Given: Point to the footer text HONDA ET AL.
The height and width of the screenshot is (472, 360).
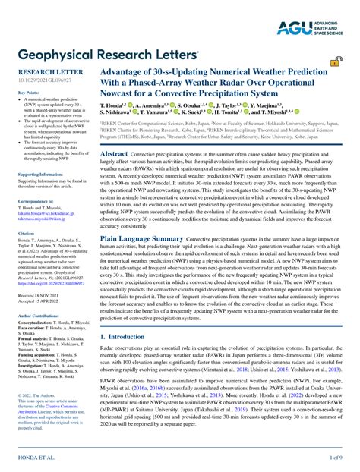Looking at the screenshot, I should pos(36,458).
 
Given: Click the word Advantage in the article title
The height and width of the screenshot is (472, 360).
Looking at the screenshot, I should pos(125,71).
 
